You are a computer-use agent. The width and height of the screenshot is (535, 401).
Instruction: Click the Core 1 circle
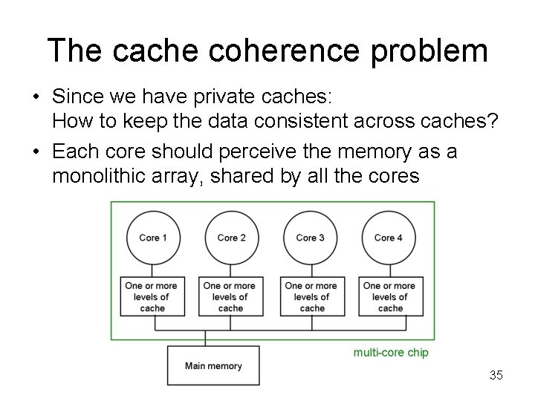152,238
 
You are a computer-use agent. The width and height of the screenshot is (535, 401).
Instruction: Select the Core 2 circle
231,238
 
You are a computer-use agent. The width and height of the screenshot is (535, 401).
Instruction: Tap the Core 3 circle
310,238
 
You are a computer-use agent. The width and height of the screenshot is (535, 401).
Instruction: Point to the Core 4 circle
389,238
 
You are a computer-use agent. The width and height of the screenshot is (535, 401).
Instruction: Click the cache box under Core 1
152,296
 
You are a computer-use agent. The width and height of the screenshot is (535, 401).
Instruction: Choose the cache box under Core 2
230,296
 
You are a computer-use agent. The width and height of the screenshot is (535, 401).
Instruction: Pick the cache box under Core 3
311,296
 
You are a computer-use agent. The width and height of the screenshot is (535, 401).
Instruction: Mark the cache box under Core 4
390,296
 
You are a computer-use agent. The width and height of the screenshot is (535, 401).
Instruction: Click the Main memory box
213,365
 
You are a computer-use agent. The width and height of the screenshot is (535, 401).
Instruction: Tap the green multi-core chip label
391,353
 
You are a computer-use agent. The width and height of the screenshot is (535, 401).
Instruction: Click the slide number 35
496,375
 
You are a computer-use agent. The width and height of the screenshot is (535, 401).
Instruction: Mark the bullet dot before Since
36,97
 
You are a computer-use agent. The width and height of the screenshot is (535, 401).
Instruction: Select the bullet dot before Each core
36,152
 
